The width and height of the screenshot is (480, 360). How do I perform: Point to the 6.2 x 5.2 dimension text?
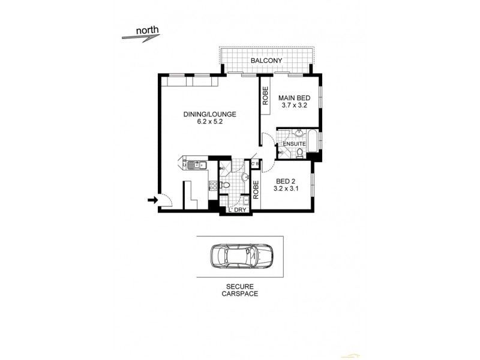pyautogui.click(x=201, y=122)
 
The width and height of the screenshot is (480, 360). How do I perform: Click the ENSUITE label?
pyautogui.click(x=295, y=145)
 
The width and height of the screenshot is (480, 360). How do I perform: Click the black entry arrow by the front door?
pyautogui.click(x=150, y=201)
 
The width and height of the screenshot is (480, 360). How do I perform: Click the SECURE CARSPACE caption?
pyautogui.click(x=239, y=291)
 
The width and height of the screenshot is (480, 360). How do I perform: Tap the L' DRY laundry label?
pyautogui.click(x=236, y=209)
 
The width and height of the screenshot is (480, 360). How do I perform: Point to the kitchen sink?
pyautogui.click(x=196, y=165)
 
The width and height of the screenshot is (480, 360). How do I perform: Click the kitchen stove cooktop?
pyautogui.click(x=212, y=188)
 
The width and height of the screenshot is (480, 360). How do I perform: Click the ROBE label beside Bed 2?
pyautogui.click(x=255, y=190)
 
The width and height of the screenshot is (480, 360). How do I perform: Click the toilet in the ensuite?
pyautogui.click(x=298, y=154)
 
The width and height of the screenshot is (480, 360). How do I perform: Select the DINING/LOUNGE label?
pyautogui.click(x=201, y=114)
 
